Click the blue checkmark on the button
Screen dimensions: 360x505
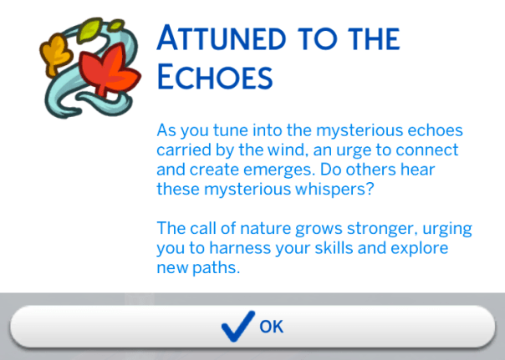click(237, 325)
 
